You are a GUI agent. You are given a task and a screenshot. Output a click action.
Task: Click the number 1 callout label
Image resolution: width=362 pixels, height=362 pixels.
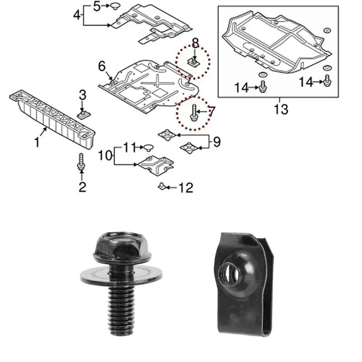pos(38,143)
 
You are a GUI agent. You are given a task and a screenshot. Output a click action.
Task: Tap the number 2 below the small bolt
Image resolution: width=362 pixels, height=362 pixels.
pos(82,186)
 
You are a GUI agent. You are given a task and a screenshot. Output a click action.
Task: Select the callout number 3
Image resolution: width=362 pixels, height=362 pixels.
pos(82,95)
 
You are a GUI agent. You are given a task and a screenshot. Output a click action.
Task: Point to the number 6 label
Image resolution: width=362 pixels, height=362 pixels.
pos(102,67)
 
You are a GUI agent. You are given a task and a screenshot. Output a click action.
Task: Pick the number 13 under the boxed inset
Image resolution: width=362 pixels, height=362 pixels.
pos(281,109)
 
